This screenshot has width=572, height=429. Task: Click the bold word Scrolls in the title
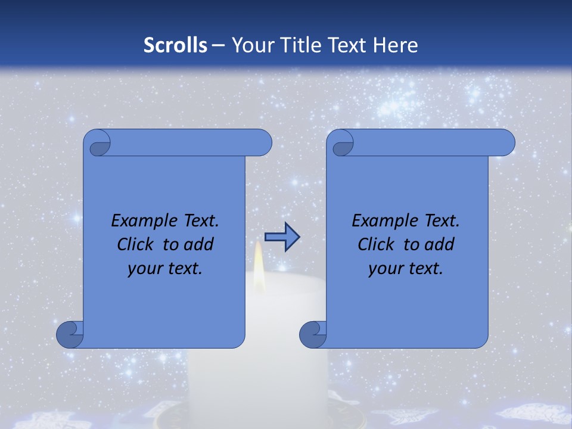(x=176, y=45)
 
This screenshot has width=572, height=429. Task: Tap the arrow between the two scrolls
(x=282, y=237)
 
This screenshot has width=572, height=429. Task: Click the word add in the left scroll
(x=198, y=244)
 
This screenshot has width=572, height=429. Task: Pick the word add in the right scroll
(x=439, y=244)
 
